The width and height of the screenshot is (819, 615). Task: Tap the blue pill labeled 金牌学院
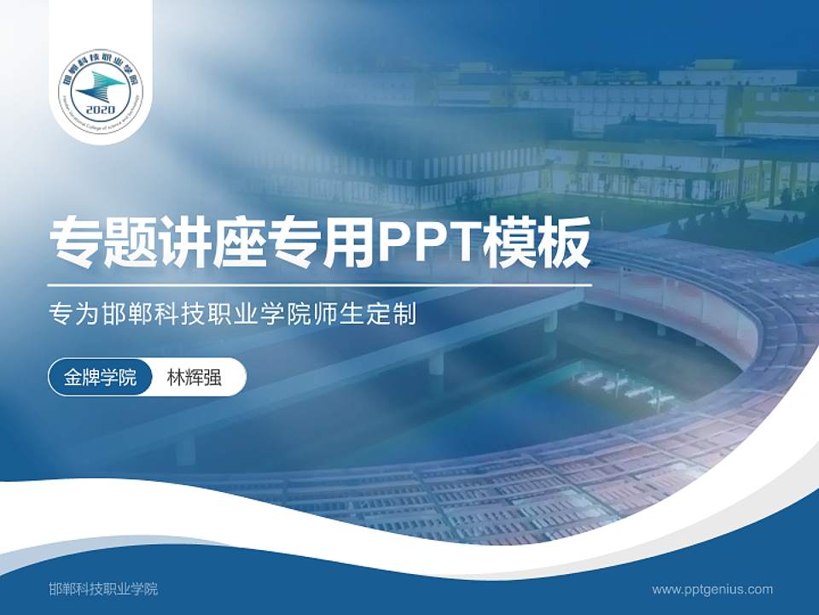coord(100,378)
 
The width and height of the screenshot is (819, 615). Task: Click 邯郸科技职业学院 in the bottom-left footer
coord(104,589)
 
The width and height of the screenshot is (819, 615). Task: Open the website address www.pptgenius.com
coord(712,589)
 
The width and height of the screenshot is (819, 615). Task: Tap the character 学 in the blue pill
coord(109,378)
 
